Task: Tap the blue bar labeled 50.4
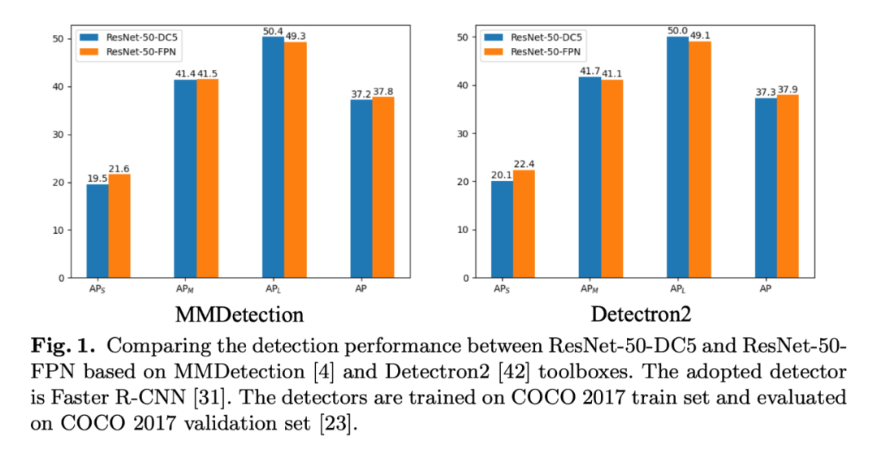274,158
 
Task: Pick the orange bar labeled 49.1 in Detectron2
699,159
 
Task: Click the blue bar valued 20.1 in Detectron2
502,229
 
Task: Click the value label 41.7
590,71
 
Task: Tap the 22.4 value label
524,165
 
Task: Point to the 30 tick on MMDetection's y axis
58,135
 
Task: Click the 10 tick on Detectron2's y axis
462,230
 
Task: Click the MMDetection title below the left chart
240,314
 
